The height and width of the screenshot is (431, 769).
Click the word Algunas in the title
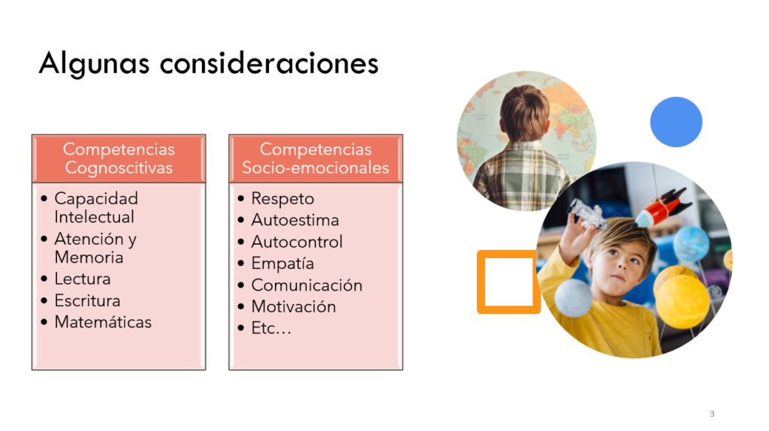point(94,64)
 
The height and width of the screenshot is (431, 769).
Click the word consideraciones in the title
point(270,63)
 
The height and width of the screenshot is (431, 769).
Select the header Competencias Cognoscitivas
point(119,158)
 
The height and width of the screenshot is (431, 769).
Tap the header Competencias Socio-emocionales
point(315,158)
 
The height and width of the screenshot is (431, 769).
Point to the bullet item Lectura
point(83,279)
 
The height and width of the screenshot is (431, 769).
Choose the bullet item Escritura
point(87,300)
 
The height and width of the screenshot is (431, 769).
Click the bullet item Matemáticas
point(103,321)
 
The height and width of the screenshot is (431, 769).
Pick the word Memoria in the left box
point(89,257)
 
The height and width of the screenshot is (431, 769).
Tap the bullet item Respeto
point(282,198)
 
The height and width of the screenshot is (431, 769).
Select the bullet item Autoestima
point(294,220)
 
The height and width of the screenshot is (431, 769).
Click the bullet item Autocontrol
point(297,241)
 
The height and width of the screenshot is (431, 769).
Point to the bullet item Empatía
point(282,264)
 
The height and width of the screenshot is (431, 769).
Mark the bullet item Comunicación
point(306,285)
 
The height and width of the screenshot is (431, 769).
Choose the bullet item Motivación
point(294,306)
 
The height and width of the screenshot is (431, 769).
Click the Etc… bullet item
point(271,328)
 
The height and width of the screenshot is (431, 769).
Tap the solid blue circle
point(676,122)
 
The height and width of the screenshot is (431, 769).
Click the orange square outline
point(481,282)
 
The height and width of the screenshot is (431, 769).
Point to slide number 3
point(712,414)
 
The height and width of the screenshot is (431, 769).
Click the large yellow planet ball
point(682,301)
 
